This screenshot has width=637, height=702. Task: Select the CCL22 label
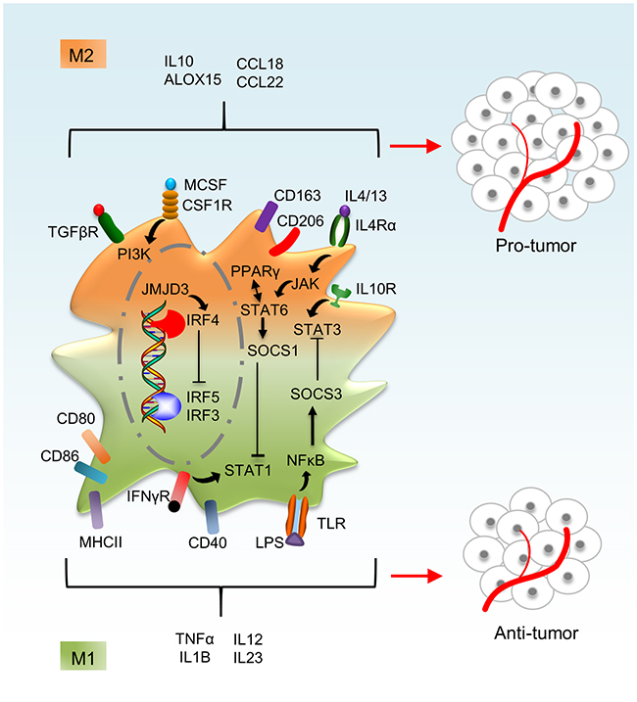pos(260,81)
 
